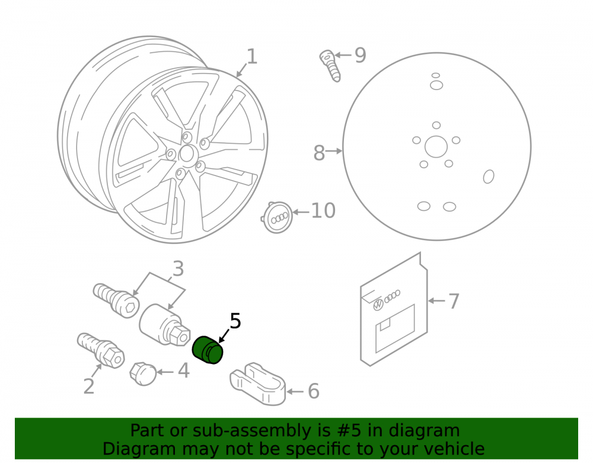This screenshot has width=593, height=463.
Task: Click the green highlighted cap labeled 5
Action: [208, 350]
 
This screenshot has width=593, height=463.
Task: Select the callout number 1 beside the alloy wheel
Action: [252, 56]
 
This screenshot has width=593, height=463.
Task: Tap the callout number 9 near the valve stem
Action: [360, 55]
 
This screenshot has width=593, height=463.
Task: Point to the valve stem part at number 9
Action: [330, 66]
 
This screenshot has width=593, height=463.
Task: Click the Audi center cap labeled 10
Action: [277, 218]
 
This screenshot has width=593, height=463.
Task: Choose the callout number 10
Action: [323, 210]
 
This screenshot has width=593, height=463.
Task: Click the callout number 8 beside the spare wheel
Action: [319, 153]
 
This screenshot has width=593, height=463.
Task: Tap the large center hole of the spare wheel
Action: [436, 146]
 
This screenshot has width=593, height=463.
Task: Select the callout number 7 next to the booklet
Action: [454, 301]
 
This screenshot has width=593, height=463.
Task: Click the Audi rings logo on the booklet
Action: [393, 296]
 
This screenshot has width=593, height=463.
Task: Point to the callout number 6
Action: [314, 391]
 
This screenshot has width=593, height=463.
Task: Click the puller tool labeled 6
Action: [258, 384]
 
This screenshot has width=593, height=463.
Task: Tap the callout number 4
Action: [183, 371]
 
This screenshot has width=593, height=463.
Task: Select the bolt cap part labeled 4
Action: [143, 374]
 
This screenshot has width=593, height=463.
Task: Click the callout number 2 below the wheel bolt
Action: [89, 387]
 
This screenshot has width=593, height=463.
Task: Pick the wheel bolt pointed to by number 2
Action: [101, 350]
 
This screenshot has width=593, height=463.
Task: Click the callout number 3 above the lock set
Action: [178, 269]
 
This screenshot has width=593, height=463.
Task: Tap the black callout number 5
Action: [235, 321]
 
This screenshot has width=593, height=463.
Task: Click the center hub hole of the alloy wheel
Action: [186, 154]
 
